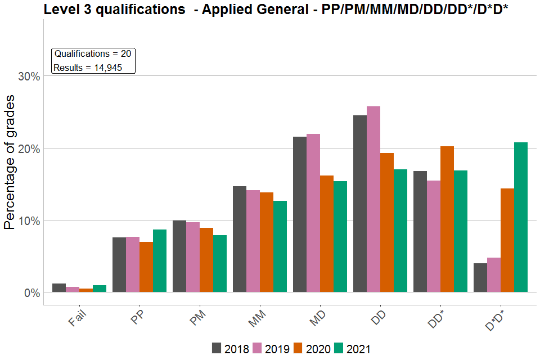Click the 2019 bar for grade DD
point(373,199)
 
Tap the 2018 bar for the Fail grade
point(59,287)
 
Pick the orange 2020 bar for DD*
point(447,219)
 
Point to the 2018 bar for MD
point(300,214)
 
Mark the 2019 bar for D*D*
point(494,274)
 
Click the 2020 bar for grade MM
point(267,242)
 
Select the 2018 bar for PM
point(179,256)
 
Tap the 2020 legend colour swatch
point(298,348)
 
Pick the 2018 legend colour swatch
point(217,348)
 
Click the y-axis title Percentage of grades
point(10,162)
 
